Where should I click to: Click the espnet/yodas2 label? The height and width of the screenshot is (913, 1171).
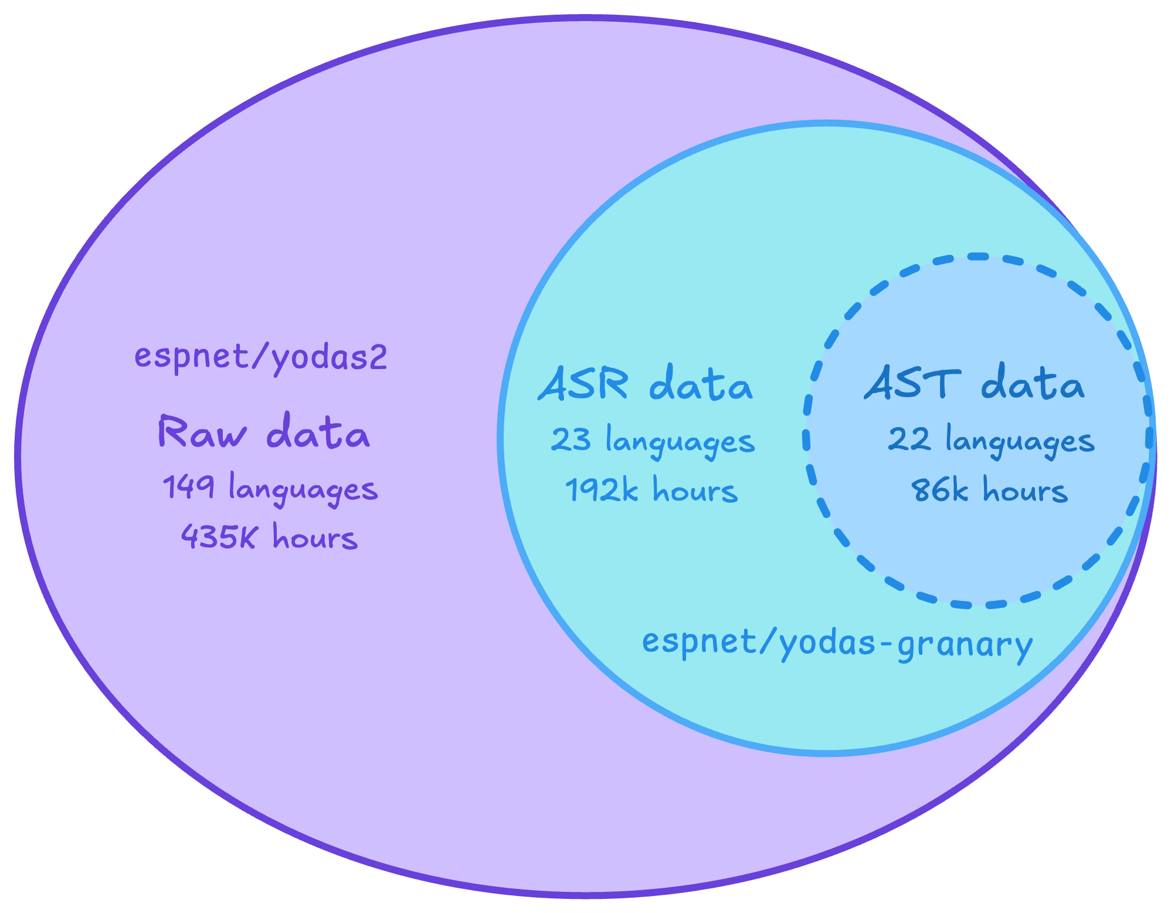coord(261,357)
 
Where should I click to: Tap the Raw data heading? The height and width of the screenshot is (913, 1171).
coord(264,433)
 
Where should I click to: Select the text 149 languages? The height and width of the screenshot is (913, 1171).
coord(270,489)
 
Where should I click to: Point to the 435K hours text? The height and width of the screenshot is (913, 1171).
coord(269,537)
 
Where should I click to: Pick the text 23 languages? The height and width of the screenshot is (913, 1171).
coord(653,441)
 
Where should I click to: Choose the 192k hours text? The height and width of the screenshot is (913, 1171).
coord(651,491)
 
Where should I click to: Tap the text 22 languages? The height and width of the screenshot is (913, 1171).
coord(991,441)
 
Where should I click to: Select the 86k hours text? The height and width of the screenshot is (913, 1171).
coord(990,491)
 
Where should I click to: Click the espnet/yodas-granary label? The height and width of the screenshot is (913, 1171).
coord(837,644)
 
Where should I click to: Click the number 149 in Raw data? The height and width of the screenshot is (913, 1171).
coord(188,488)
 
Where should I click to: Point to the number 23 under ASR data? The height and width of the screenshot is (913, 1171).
coord(572,440)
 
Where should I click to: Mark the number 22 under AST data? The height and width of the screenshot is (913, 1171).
coord(909,440)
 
